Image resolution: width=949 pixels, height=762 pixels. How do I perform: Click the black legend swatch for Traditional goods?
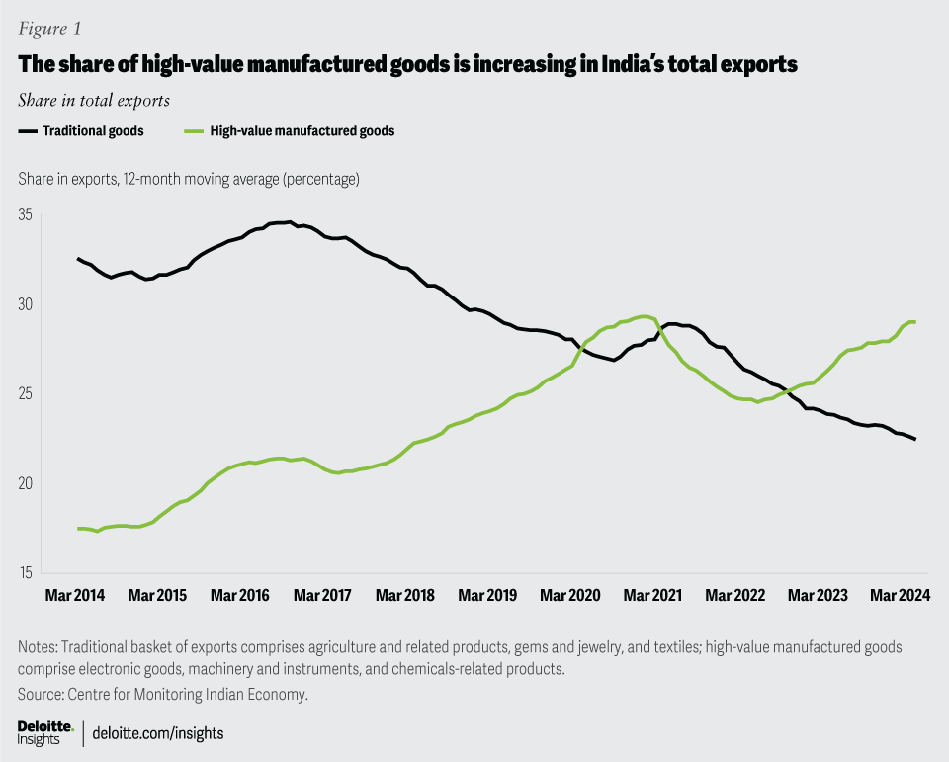28,130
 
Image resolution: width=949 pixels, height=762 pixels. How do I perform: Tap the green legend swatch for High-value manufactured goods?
196,130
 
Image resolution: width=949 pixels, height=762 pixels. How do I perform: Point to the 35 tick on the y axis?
26,215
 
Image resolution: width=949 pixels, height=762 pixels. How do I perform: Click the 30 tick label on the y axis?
26,304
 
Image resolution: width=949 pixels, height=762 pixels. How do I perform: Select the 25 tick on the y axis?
26,394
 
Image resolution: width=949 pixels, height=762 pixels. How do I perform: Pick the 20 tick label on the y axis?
26,483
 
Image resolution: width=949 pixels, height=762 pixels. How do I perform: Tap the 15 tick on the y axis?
26,573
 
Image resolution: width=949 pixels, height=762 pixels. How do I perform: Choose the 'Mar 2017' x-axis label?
322,596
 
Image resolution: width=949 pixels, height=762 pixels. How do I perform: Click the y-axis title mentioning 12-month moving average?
188,180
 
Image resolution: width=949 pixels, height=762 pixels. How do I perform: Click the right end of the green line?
914,322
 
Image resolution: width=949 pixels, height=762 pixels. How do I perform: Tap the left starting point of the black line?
78,259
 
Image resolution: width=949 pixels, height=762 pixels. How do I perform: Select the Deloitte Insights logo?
45,732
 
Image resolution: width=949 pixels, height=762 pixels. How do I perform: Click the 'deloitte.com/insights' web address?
158,733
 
